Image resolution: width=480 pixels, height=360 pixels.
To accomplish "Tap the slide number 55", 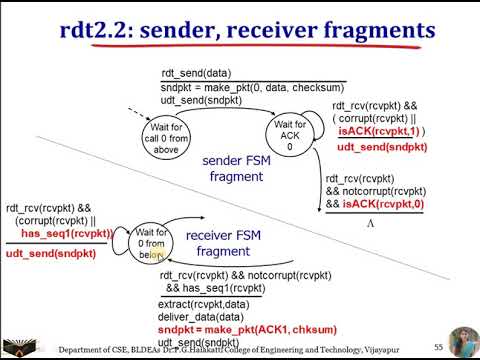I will (438, 344).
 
